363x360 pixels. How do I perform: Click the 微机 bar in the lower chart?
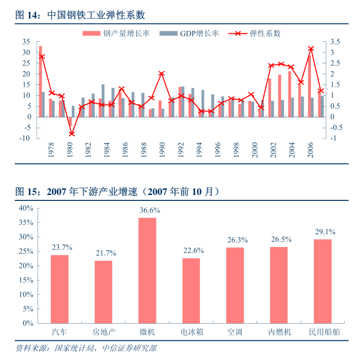(x=147, y=270)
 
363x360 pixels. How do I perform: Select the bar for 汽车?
(x=59, y=289)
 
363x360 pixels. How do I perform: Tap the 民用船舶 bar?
(x=322, y=281)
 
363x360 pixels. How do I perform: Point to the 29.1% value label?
(x=324, y=232)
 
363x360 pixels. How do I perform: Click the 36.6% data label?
(x=149, y=210)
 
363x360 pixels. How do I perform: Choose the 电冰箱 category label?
(x=191, y=332)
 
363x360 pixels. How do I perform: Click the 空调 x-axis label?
(x=234, y=332)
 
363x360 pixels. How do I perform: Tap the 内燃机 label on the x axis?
(x=280, y=332)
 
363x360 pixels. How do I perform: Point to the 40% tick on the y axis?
(x=26, y=208)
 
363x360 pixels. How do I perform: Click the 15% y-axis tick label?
(x=26, y=280)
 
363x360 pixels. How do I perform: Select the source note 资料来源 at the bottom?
(x=86, y=348)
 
